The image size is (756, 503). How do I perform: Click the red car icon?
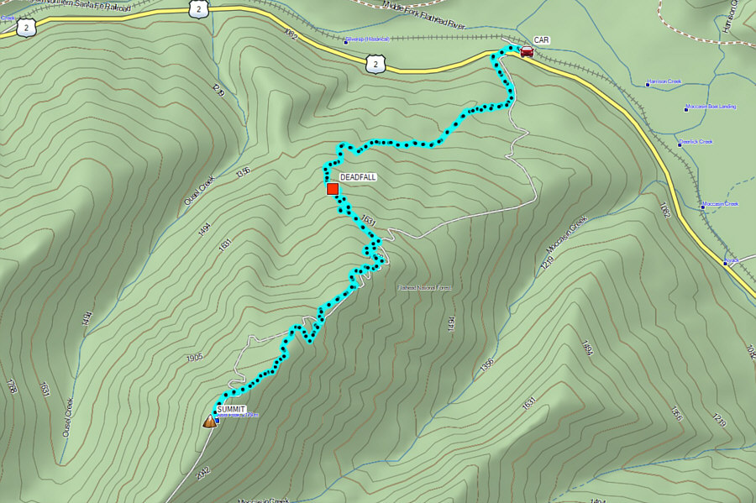[526, 51]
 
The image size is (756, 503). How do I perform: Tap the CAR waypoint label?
[542, 40]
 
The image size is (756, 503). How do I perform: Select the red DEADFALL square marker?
[333, 189]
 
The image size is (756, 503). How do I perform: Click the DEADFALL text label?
[358, 177]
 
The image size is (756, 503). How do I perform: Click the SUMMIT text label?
[230, 410]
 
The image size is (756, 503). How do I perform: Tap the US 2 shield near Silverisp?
[375, 63]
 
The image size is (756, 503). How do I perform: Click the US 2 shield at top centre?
[197, 8]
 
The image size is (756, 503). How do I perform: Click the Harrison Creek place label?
[665, 82]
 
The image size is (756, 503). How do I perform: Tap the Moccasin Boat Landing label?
[712, 107]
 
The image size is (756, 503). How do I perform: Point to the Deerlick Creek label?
[698, 142]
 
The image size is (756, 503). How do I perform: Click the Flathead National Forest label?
[425, 288]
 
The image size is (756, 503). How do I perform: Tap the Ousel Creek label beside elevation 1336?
[201, 191]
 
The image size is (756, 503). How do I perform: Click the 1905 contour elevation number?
[195, 358]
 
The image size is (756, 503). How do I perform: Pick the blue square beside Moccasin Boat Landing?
[685, 108]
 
